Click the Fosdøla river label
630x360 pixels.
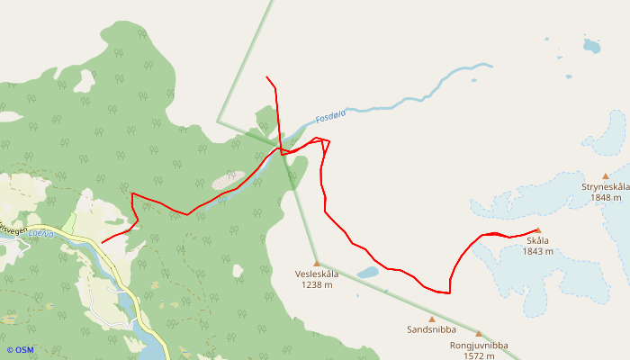tap(331, 116)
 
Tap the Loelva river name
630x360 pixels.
tap(41, 233)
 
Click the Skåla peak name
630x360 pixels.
tap(537, 240)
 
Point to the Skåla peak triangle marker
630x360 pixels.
tap(537, 230)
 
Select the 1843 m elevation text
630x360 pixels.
tap(537, 251)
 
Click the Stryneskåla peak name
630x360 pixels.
tap(605, 187)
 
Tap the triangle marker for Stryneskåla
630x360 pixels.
tap(606, 176)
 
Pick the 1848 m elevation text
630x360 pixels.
tap(607, 198)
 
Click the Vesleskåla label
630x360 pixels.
tap(317, 274)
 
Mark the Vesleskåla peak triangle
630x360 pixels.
tap(316, 263)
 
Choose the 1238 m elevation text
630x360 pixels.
tap(317, 284)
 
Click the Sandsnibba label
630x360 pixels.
tap(431, 330)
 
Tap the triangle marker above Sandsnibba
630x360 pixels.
tap(431, 319)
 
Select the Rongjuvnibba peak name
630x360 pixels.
tap(479, 345)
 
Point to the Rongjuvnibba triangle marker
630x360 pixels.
tap(479, 333)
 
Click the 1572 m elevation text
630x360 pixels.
tap(479, 355)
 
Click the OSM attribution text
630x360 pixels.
tap(20, 350)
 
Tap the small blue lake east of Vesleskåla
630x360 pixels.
tap(367, 271)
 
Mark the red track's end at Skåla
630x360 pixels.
tap(537, 231)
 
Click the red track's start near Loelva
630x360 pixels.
tap(102, 242)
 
